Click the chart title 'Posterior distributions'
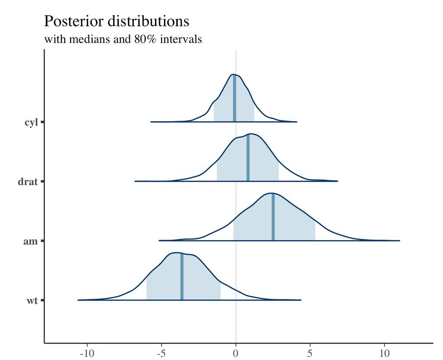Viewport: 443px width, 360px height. [x=117, y=21]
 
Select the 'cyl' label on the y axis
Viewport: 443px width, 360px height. [x=31, y=122]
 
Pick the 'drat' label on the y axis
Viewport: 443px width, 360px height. [x=28, y=182]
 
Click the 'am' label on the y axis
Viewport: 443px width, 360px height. [x=30, y=241]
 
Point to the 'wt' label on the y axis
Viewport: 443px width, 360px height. [x=32, y=300]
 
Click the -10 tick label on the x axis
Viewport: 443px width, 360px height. [x=87, y=353]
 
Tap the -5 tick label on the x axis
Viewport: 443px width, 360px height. [x=161, y=353]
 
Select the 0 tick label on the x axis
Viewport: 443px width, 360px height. [x=236, y=353]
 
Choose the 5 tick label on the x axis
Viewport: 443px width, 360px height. [x=310, y=353]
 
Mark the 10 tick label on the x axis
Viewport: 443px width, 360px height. [x=385, y=353]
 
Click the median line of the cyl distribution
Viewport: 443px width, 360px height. [x=234, y=99]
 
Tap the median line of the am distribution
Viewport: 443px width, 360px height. [x=273, y=217]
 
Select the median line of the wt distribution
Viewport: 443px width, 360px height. [x=182, y=277]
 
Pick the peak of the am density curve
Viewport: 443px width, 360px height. [x=271, y=193]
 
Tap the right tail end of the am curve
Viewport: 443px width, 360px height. [x=399, y=240]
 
